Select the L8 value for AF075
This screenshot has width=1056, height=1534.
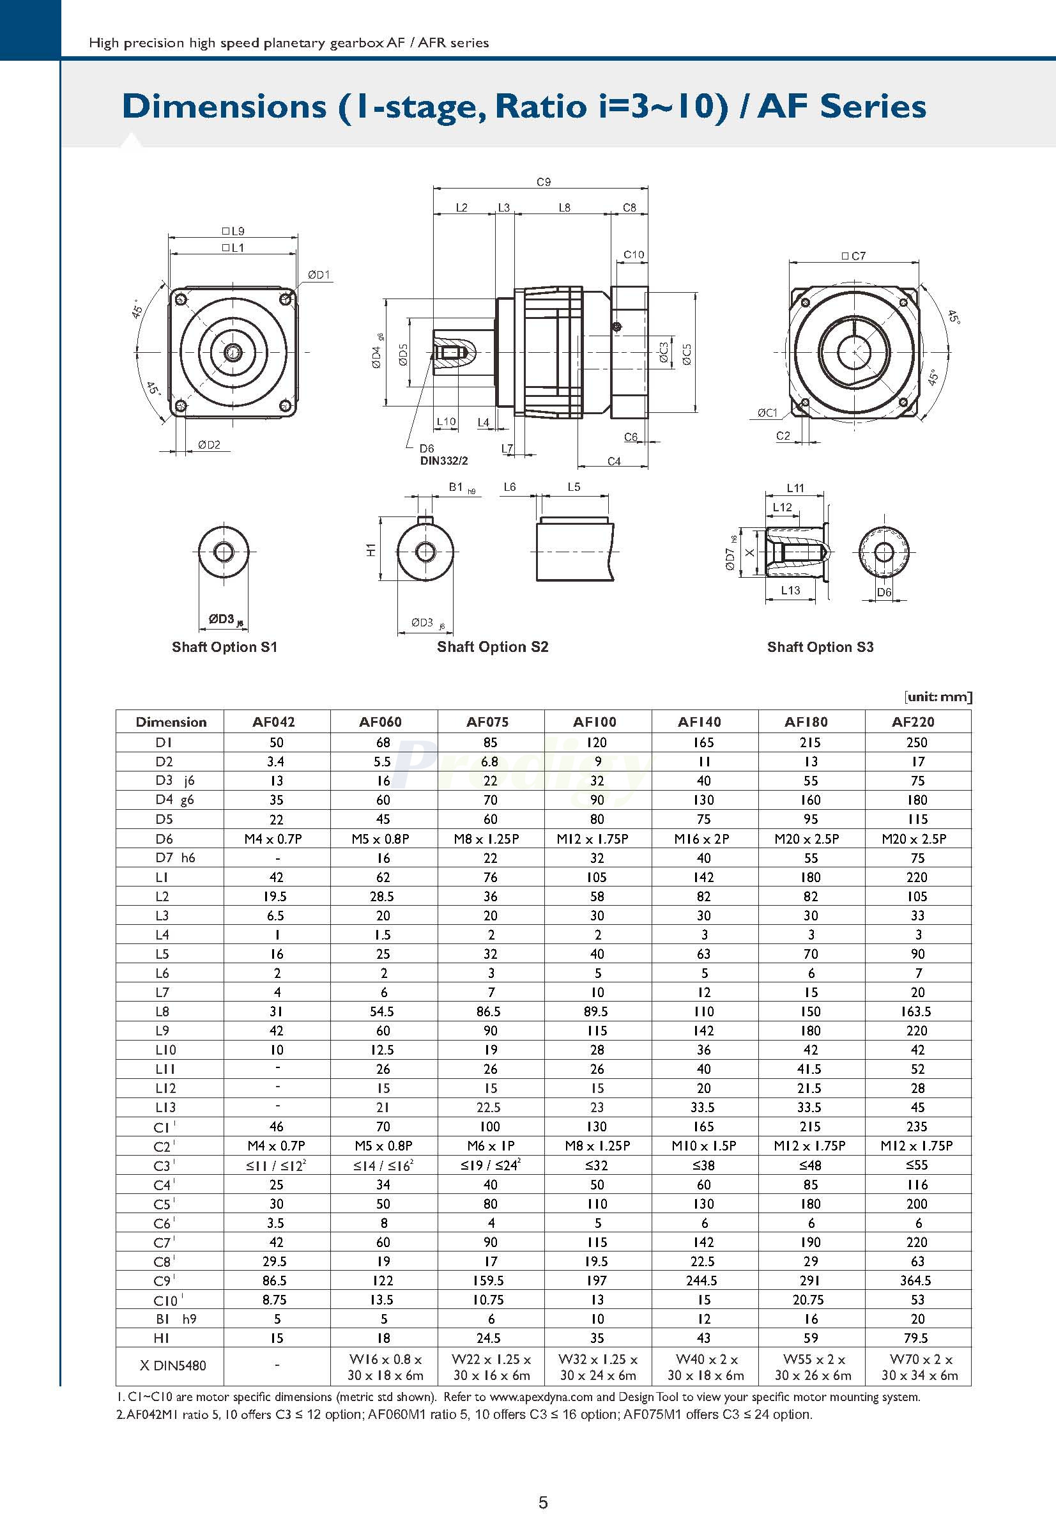pyautogui.click(x=489, y=1012)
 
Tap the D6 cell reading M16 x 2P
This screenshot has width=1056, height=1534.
pyautogui.click(x=703, y=839)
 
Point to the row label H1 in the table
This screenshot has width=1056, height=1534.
pyautogui.click(x=162, y=1338)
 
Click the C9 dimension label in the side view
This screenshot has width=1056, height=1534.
pyautogui.click(x=543, y=182)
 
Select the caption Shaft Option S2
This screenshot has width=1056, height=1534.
pyautogui.click(x=493, y=647)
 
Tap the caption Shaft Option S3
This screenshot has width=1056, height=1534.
pyautogui.click(x=820, y=647)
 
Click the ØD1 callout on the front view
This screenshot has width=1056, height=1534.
pyautogui.click(x=318, y=275)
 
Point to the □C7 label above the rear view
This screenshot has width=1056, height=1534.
pyautogui.click(x=853, y=256)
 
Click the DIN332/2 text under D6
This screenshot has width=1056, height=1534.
pyautogui.click(x=444, y=461)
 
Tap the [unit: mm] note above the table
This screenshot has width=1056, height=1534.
pyautogui.click(x=938, y=697)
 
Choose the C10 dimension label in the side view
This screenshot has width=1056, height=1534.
pyautogui.click(x=633, y=254)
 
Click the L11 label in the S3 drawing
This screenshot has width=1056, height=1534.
pyautogui.click(x=795, y=488)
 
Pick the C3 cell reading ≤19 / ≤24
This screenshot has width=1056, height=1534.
pyautogui.click(x=490, y=1165)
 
